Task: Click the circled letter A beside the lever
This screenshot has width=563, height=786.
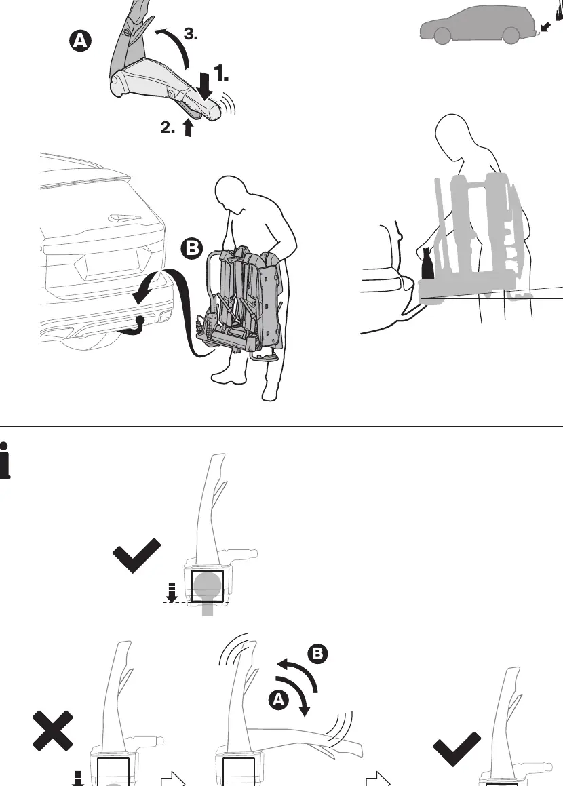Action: click(x=80, y=41)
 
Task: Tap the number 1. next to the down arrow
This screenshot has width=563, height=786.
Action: click(x=222, y=73)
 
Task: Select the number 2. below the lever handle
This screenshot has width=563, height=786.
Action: click(x=168, y=127)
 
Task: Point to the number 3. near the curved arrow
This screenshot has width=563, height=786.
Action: click(x=191, y=34)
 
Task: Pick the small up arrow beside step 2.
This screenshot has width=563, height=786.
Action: click(x=188, y=127)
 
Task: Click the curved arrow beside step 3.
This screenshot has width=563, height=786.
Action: click(x=173, y=47)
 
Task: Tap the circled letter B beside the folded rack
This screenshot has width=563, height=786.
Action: click(x=192, y=249)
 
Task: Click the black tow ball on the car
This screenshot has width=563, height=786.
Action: click(x=140, y=320)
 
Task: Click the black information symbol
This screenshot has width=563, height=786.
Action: click(x=5, y=460)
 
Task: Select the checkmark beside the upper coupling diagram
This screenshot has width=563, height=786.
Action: click(x=136, y=555)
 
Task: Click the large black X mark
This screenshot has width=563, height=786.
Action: click(x=53, y=730)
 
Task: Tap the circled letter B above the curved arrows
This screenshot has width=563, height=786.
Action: click(x=318, y=654)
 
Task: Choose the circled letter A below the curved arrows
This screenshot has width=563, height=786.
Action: click(x=279, y=700)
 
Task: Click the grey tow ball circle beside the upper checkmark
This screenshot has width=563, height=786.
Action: click(x=208, y=585)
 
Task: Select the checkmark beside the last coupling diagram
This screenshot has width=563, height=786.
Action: click(x=457, y=749)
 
